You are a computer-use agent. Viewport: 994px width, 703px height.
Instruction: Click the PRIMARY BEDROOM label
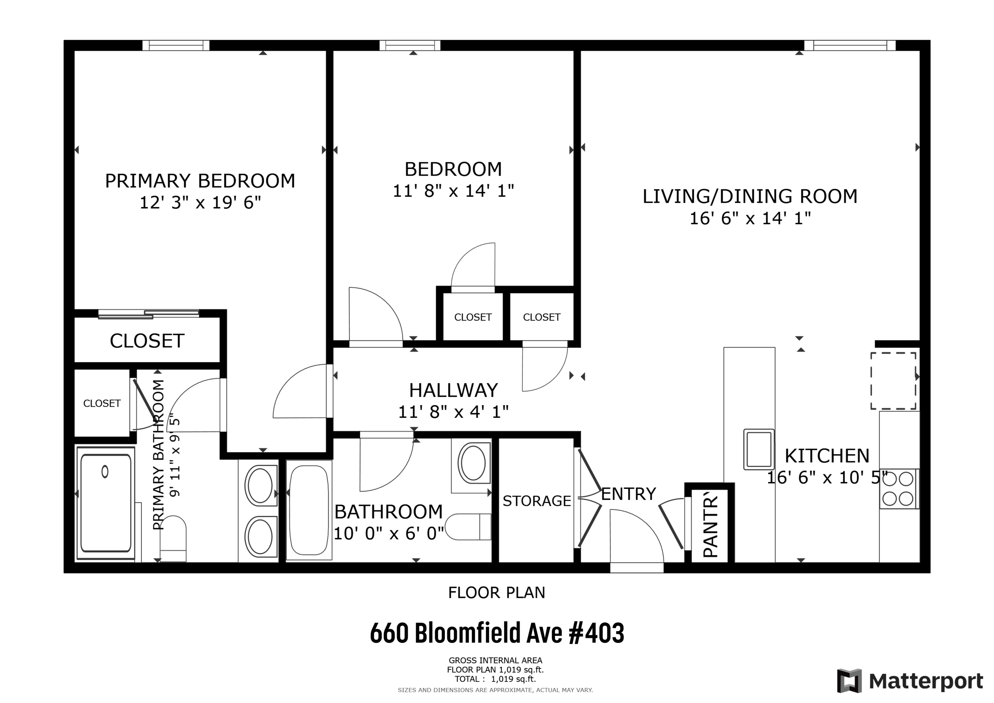click(200, 181)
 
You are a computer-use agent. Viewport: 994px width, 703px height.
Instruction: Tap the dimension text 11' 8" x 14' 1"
click(453, 191)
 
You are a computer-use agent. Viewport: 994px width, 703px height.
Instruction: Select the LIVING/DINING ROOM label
click(750, 196)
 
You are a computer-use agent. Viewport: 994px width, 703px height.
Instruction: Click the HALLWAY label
click(453, 390)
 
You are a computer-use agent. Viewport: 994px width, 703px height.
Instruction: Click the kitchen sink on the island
click(759, 449)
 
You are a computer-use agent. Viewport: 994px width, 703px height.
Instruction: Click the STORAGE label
click(537, 501)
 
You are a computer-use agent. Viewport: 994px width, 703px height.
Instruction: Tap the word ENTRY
click(629, 494)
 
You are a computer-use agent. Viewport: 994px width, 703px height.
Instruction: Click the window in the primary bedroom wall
click(176, 45)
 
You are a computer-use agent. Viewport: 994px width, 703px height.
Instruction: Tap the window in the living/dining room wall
click(849, 45)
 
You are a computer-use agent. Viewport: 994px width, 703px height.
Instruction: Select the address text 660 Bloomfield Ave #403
click(497, 633)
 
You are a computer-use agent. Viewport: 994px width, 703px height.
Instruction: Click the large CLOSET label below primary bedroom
click(147, 341)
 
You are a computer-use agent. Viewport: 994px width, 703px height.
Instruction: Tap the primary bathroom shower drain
click(105, 472)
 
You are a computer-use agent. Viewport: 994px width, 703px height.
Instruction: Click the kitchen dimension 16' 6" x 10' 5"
click(827, 478)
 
